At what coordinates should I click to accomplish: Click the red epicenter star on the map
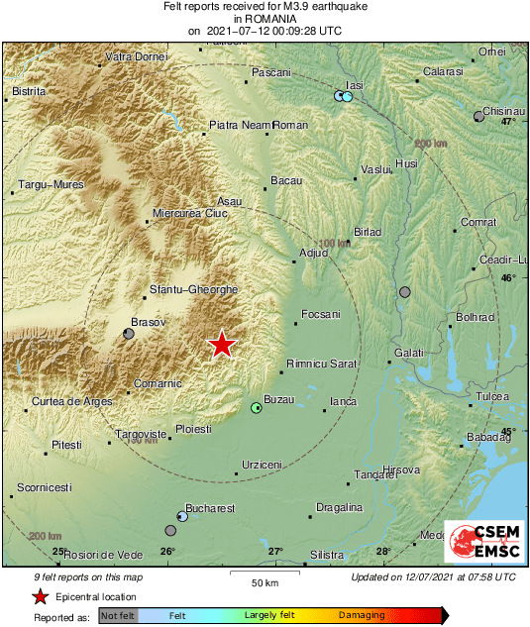tap(222, 345)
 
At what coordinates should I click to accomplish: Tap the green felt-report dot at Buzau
tap(257, 408)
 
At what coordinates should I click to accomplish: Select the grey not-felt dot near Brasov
tap(129, 334)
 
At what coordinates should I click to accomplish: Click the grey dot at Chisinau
tap(479, 116)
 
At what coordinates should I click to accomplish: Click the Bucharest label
tap(211, 508)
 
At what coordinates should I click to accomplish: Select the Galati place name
tap(408, 353)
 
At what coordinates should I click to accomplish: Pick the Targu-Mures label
tap(49, 185)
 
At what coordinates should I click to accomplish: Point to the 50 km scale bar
tap(263, 573)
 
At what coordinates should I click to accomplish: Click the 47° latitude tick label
tap(507, 122)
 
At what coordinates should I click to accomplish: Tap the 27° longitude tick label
tap(275, 552)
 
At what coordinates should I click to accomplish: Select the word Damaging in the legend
tap(362, 615)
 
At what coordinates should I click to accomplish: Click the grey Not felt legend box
tap(118, 615)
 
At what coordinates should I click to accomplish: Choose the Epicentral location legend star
tap(40, 596)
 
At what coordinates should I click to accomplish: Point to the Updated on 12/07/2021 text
tap(433, 576)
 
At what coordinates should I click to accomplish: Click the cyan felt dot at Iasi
tap(348, 97)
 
